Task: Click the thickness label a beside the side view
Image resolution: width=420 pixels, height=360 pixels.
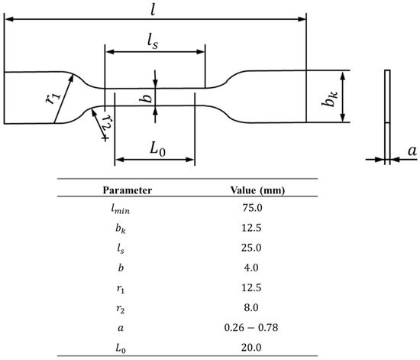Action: (411, 151)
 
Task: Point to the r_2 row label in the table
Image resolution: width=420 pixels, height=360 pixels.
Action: (128, 306)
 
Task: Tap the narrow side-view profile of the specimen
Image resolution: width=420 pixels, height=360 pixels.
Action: (386, 115)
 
